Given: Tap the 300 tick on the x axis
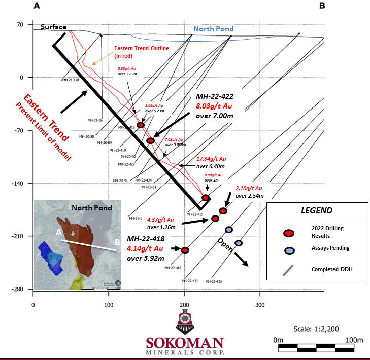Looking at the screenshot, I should point(260,305).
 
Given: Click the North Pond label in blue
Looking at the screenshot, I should point(214,29).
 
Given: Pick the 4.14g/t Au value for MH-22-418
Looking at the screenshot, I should point(145,248).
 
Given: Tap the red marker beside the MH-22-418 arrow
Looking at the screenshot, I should point(185,250).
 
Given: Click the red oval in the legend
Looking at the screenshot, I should point(289,233).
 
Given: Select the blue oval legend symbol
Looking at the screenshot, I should point(289,250).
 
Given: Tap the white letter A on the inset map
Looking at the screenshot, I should point(59,232).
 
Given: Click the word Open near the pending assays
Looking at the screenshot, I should point(225,245).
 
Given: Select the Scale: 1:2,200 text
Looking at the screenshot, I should point(317,328).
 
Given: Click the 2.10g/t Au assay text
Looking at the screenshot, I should point(249,188).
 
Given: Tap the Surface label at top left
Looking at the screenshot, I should point(53,27).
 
